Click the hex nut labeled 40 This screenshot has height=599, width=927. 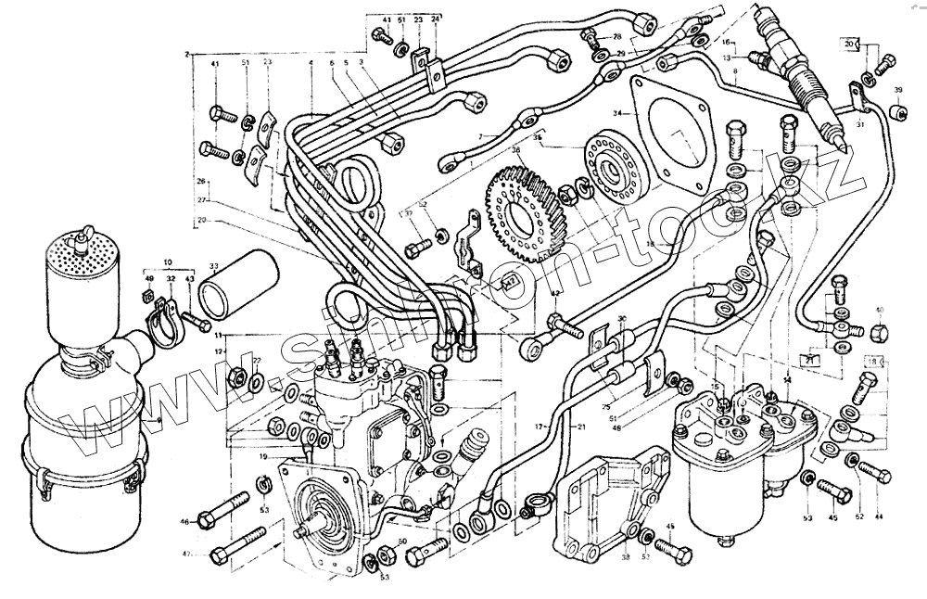(x=880, y=332)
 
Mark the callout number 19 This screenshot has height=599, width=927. (x=263, y=457)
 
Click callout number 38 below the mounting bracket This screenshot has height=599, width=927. (x=626, y=558)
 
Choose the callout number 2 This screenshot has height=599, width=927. (x=188, y=55)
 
